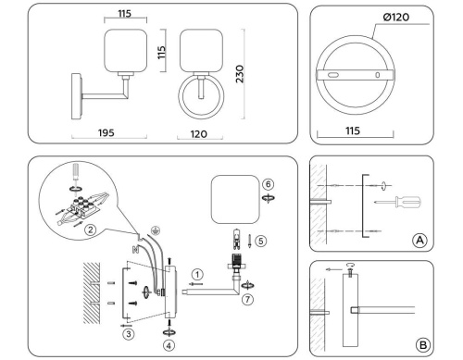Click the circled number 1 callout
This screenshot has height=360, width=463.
click(197, 273)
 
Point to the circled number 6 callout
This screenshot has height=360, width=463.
click(267, 183)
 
